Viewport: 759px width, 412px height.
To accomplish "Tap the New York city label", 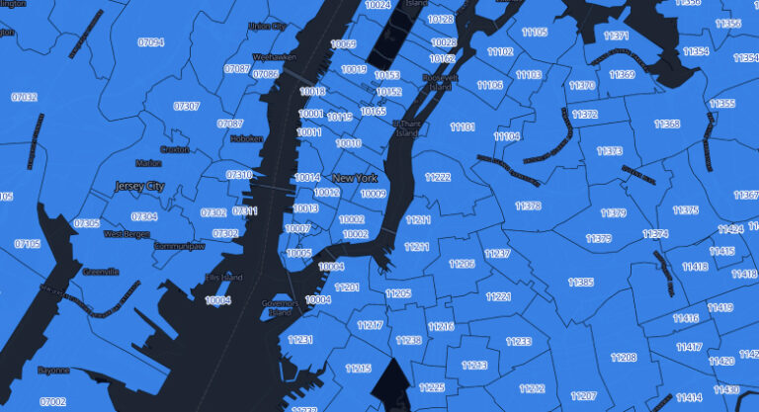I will pyautogui.click(x=355, y=178).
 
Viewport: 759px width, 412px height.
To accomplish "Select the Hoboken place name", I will pyautogui.click(x=246, y=139).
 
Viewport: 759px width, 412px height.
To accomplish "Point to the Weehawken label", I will pyautogui.click(x=275, y=58).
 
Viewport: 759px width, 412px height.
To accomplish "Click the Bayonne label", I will pyautogui.click(x=52, y=370).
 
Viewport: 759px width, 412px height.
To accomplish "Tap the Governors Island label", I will pyautogui.click(x=281, y=306).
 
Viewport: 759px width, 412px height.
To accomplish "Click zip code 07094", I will pyautogui.click(x=151, y=42).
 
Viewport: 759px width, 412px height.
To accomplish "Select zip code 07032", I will pyautogui.click(x=25, y=97).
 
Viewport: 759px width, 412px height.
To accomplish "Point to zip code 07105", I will pyautogui.click(x=28, y=244).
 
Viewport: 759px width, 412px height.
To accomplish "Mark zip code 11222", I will pyautogui.click(x=438, y=177).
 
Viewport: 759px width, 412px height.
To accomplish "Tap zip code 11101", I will pyautogui.click(x=463, y=127).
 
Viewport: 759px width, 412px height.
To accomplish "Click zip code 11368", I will pyautogui.click(x=667, y=124).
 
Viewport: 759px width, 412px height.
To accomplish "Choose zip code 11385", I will pyautogui.click(x=581, y=283).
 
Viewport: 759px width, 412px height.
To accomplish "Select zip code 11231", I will pyautogui.click(x=300, y=340).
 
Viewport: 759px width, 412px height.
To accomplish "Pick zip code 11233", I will pyautogui.click(x=519, y=341).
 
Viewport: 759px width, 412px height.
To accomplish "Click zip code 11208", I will pyautogui.click(x=624, y=357).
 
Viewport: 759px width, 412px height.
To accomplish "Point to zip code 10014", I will pyautogui.click(x=307, y=177).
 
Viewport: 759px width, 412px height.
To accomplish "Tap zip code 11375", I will pyautogui.click(x=686, y=210).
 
